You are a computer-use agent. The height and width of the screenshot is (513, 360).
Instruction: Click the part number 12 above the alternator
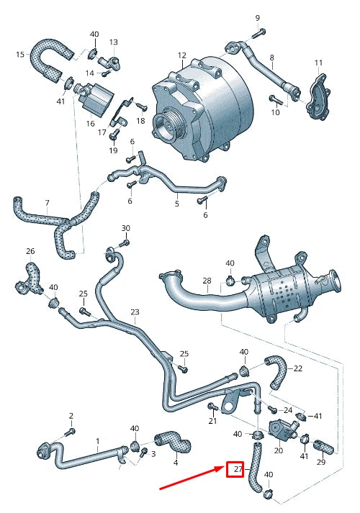click(x=182, y=55)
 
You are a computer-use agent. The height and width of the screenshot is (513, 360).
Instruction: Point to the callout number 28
click(x=207, y=281)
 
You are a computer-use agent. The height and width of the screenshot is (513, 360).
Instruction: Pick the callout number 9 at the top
click(x=257, y=17)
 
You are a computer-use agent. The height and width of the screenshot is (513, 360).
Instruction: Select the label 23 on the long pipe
click(x=135, y=312)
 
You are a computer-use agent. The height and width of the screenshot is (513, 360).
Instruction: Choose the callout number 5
click(x=176, y=204)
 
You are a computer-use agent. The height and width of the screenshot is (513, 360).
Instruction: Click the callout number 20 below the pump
click(x=279, y=450)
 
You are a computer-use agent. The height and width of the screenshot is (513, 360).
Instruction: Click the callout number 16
click(x=91, y=124)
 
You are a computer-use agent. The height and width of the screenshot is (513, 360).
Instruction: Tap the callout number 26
click(x=30, y=251)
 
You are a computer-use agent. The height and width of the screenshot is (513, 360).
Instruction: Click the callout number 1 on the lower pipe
click(x=97, y=440)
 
